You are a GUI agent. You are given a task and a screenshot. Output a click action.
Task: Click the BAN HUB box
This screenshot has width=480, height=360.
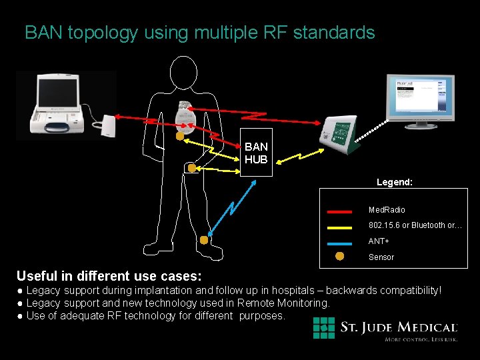pyautogui.click(x=256, y=153)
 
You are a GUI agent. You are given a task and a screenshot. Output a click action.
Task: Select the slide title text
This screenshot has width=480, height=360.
pyautogui.click(x=199, y=33)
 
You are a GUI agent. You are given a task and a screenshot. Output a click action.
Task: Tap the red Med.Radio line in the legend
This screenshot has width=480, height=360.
pyautogui.click(x=339, y=211)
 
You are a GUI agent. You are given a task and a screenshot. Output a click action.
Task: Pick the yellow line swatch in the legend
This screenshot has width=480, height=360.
pyautogui.click(x=339, y=227)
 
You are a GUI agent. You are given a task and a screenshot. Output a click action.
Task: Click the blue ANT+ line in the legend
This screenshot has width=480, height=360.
pyautogui.click(x=339, y=243)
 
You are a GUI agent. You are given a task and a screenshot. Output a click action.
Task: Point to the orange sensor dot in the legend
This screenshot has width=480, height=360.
pyautogui.click(x=339, y=257)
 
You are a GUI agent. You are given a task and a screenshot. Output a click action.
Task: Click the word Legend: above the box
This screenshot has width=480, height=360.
pyautogui.click(x=394, y=181)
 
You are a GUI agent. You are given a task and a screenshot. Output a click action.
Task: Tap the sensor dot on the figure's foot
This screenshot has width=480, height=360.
pyautogui.click(x=204, y=240)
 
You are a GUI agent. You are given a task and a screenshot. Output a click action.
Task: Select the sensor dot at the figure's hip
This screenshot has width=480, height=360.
pyautogui.click(x=192, y=169)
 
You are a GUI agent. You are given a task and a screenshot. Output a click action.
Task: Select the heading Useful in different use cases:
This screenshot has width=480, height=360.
pyautogui.click(x=109, y=275)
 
